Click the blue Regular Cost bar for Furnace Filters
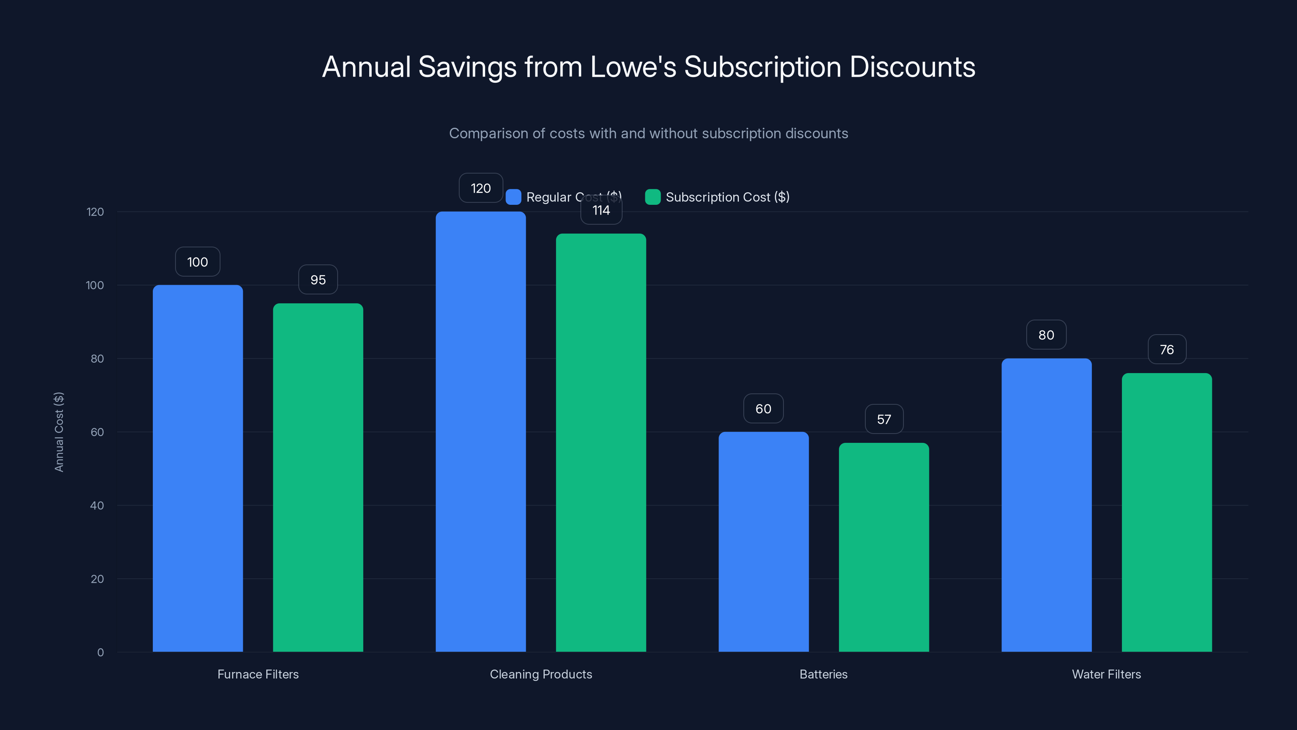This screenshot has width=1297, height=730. [197, 468]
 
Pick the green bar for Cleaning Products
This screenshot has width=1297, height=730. [601, 443]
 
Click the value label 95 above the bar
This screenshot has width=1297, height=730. [318, 279]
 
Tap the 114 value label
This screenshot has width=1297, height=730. [601, 210]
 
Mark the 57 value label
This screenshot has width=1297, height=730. [884, 419]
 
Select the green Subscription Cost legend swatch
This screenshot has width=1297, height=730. [653, 197]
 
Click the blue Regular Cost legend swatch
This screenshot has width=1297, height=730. [513, 197]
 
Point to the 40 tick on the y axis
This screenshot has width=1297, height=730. [97, 505]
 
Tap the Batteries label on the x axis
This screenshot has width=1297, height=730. [823, 674]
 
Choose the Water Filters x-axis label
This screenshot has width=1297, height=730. [1106, 674]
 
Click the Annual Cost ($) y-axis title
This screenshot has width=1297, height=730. [59, 432]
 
